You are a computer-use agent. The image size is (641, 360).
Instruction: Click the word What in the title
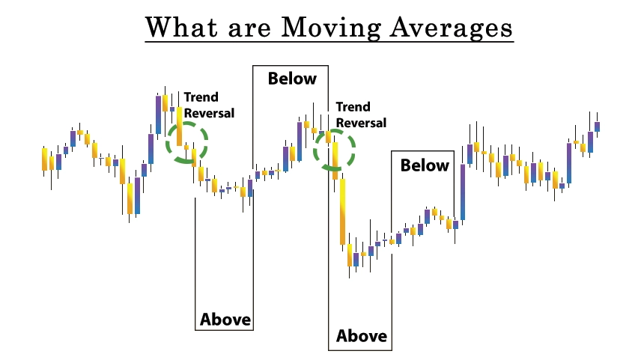pos(181,27)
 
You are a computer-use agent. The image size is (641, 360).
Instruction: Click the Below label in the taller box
pos(292,79)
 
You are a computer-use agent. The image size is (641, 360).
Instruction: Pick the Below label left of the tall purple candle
pos(425,165)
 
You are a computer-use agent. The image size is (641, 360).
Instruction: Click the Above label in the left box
pos(225,319)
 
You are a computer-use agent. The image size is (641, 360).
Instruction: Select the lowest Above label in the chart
pos(362,336)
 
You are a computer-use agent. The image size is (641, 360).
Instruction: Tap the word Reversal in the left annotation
pos(209,113)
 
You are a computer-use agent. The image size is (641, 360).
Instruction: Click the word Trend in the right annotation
pos(353,106)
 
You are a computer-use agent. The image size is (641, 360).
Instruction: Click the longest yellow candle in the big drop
pos(342,212)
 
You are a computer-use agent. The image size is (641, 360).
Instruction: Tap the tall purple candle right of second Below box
pos(463,192)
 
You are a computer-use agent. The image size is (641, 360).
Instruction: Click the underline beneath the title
pos(329,41)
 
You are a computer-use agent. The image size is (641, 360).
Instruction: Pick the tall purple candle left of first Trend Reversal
pos(158,115)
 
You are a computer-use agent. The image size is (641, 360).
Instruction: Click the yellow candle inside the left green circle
pos(179,126)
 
